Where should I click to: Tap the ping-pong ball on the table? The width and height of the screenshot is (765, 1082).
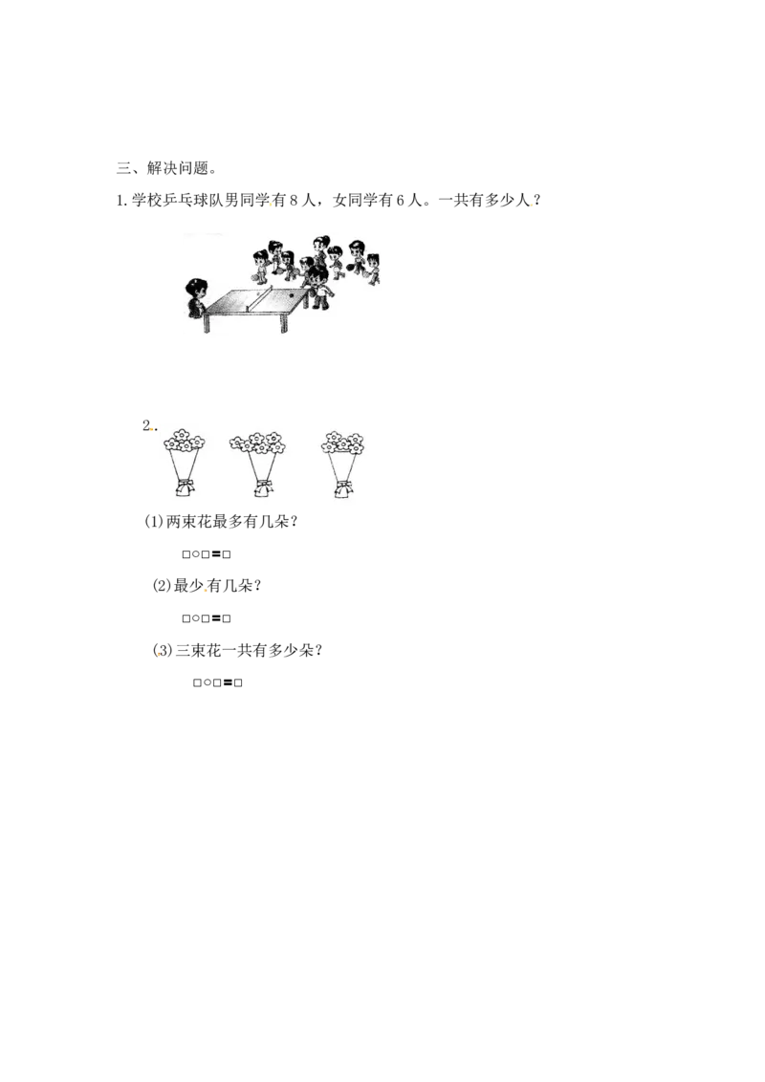[x=292, y=296]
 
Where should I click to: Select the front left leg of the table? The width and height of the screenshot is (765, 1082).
[x=206, y=323]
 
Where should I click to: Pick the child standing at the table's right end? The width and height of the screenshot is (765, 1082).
[x=317, y=287]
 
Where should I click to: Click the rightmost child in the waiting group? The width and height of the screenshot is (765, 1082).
[x=373, y=269]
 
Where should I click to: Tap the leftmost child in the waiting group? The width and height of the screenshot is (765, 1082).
[x=260, y=265]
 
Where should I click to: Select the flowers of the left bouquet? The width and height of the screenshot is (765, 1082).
[x=184, y=441]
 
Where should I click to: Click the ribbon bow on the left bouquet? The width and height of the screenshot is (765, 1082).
[x=184, y=486]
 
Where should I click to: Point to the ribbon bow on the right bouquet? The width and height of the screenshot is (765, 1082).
[x=342, y=486]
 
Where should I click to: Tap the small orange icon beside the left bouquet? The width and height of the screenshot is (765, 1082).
[x=150, y=430]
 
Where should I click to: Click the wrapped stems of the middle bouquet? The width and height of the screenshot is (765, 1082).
[x=261, y=465]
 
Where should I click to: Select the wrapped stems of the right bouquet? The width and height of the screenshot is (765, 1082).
[x=342, y=465]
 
